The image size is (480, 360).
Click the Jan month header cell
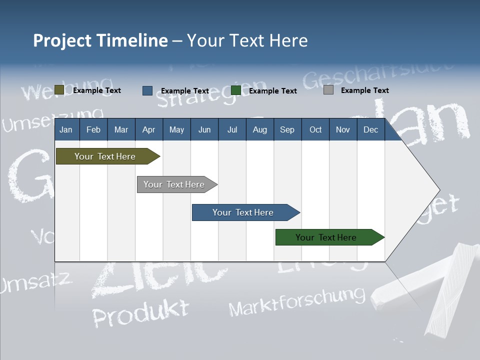point(66,129)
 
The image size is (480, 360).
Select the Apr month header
point(149,129)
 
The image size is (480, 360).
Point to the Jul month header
point(232,129)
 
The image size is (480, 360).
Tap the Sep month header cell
point(287,129)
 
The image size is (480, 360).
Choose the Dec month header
point(370,129)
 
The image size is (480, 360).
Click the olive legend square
point(59,90)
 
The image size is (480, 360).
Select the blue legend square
point(147,90)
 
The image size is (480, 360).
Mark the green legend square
point(236,90)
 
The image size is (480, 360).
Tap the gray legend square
point(328,90)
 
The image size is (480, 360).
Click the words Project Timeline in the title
point(100,40)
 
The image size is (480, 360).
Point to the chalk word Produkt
point(141,312)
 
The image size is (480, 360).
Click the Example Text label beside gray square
point(364,90)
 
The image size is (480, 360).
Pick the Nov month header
point(342,129)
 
